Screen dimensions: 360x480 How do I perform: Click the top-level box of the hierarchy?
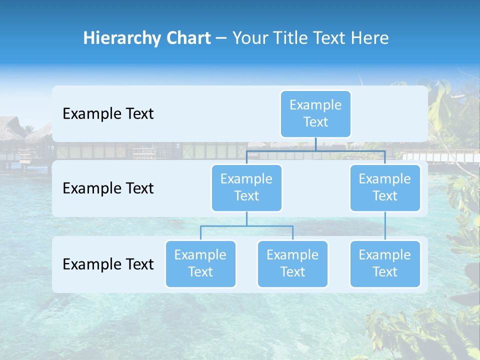click(x=315, y=114)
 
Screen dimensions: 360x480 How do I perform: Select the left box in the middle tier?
click(x=246, y=188)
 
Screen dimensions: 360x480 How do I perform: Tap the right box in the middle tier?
click(x=385, y=188)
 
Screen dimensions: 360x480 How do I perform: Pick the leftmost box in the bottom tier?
click(x=200, y=264)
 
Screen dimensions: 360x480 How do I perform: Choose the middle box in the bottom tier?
click(x=292, y=264)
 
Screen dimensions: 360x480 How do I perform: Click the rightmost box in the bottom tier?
click(x=385, y=264)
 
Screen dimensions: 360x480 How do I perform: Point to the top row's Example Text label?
click(x=108, y=114)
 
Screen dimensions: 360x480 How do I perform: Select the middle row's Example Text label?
click(x=108, y=188)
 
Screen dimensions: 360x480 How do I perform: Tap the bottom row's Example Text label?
click(x=108, y=264)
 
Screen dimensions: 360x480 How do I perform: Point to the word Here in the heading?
click(x=369, y=38)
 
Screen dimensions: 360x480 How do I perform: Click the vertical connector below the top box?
click(x=315, y=144)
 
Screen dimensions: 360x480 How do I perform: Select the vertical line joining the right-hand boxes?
click(x=385, y=226)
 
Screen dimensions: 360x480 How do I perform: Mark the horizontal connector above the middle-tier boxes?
click(x=315, y=150)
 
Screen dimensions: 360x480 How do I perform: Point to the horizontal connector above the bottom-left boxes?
click(x=246, y=226)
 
